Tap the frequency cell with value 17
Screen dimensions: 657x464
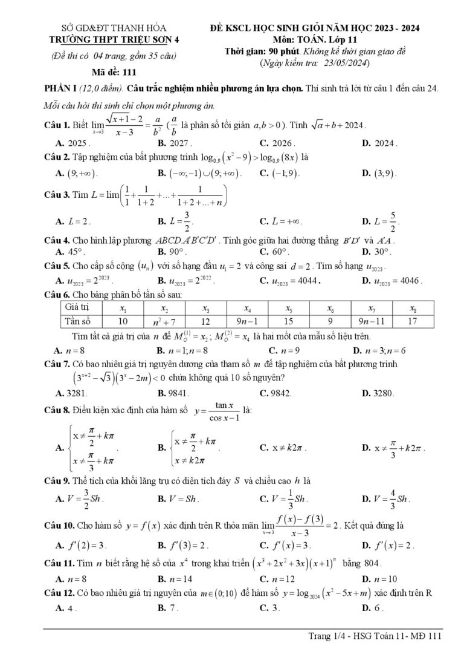click(x=413, y=321)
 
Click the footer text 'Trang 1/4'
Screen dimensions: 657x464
click(x=327, y=635)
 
